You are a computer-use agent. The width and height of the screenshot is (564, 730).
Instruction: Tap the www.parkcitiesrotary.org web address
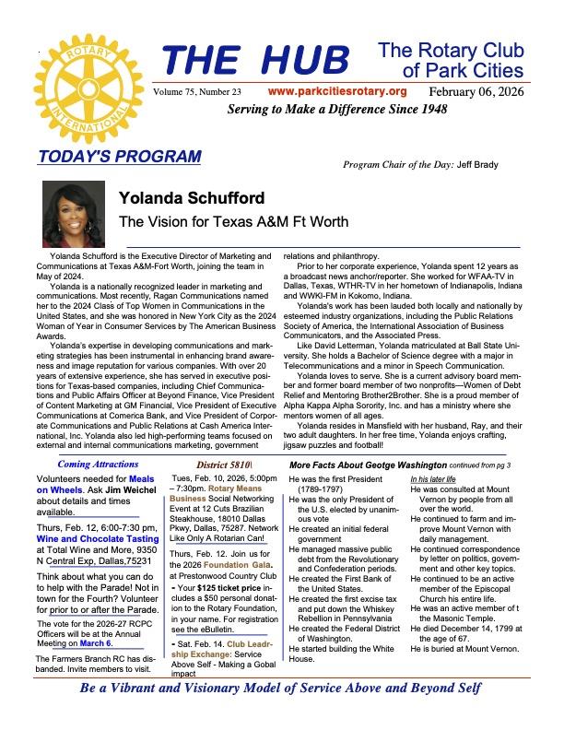[x=336, y=91]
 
